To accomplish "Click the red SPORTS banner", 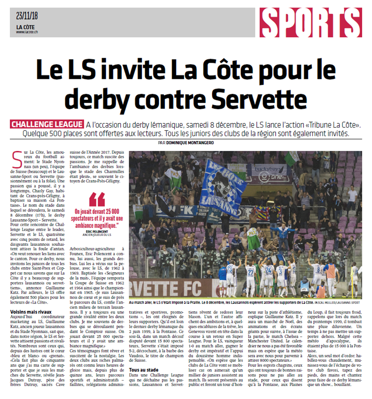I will click(x=311, y=22).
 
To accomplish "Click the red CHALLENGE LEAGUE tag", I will click(x=47, y=124).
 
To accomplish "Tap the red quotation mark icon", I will click(x=97, y=199).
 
